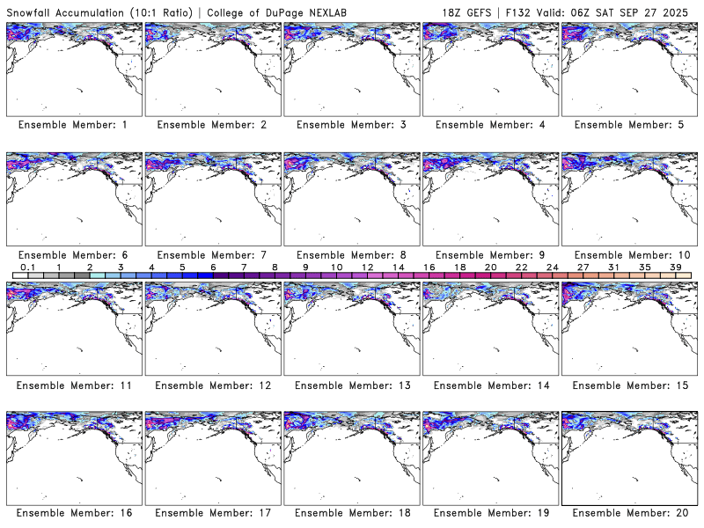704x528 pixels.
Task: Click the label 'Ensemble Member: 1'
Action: [x=72, y=125]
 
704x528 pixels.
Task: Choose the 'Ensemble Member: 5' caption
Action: [x=628, y=125]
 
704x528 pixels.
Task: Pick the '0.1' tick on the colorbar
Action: [x=27, y=267]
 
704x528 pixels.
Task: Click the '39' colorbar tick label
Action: [x=675, y=267]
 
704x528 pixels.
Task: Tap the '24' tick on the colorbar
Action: [x=552, y=267]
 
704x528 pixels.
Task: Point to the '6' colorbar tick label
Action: [x=213, y=267]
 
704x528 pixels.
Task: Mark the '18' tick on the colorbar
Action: [x=459, y=267]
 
